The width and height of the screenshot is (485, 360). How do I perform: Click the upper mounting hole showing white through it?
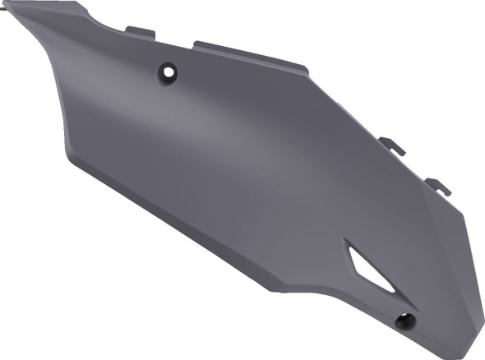click(x=170, y=72)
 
